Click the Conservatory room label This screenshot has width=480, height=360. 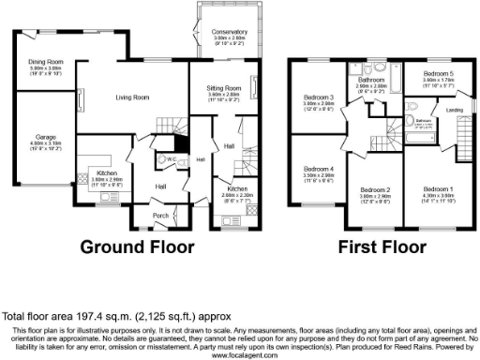(223, 31)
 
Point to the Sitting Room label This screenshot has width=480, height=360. (224, 87)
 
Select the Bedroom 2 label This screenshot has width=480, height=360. (375, 189)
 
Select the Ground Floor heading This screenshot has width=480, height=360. (137, 247)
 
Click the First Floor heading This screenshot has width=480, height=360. (375, 247)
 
